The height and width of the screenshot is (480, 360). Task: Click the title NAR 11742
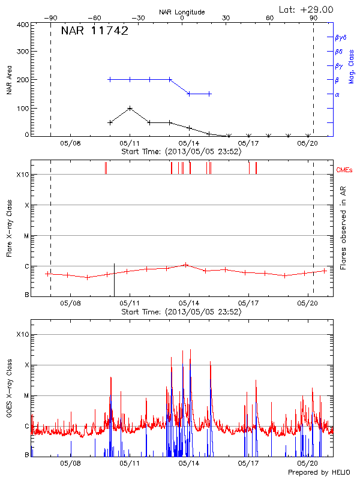[x=95, y=31]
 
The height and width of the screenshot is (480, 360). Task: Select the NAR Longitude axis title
[x=182, y=12]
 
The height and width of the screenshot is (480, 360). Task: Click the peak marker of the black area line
[x=130, y=109]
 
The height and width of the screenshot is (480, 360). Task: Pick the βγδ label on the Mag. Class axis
[x=340, y=37]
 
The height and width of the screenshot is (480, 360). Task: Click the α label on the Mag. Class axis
[x=337, y=94]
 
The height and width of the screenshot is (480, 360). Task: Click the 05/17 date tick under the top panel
[x=248, y=144]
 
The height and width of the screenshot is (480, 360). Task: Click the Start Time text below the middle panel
[x=181, y=312]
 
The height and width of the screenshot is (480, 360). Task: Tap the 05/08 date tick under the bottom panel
[x=70, y=464]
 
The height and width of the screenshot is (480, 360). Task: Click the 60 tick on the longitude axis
[x=270, y=18]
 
